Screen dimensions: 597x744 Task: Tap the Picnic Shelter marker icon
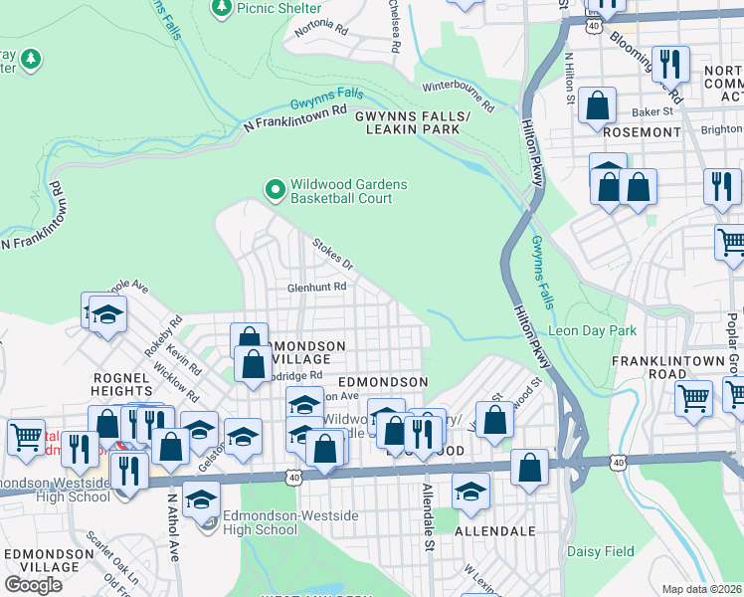click(222, 8)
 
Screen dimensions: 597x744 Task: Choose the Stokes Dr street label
click(333, 254)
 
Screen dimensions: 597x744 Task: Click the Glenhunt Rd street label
click(316, 287)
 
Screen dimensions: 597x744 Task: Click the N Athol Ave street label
click(172, 527)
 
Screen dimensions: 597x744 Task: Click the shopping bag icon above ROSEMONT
click(597, 104)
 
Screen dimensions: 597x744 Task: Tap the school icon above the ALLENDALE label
click(470, 491)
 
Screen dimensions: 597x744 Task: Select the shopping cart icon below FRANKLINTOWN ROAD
click(693, 397)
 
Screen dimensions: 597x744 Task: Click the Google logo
click(33, 585)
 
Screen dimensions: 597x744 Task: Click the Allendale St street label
click(428, 503)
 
